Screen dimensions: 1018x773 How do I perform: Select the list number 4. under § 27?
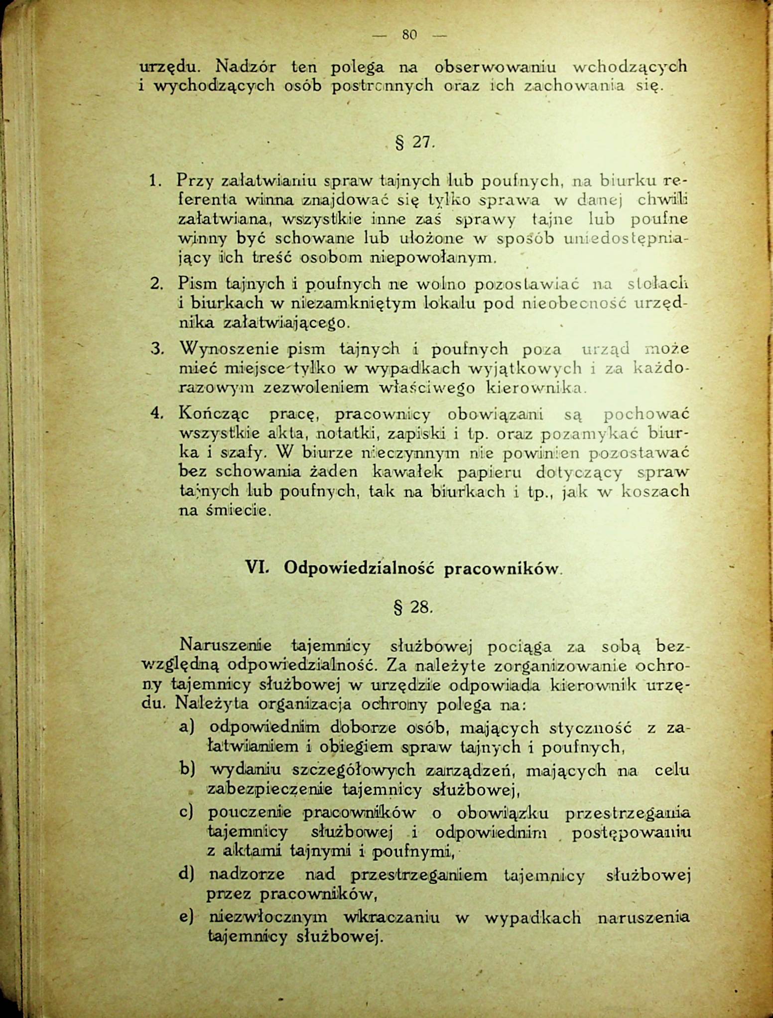[x=157, y=413]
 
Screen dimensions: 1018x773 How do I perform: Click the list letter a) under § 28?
[x=186, y=728]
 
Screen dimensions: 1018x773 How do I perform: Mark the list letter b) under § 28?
[x=186, y=770]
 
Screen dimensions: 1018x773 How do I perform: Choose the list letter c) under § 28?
[x=186, y=813]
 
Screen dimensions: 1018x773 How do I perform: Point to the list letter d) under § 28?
[x=186, y=874]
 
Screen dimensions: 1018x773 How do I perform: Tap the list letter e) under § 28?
[x=186, y=917]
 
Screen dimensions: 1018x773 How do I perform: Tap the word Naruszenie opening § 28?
[x=225, y=646]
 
